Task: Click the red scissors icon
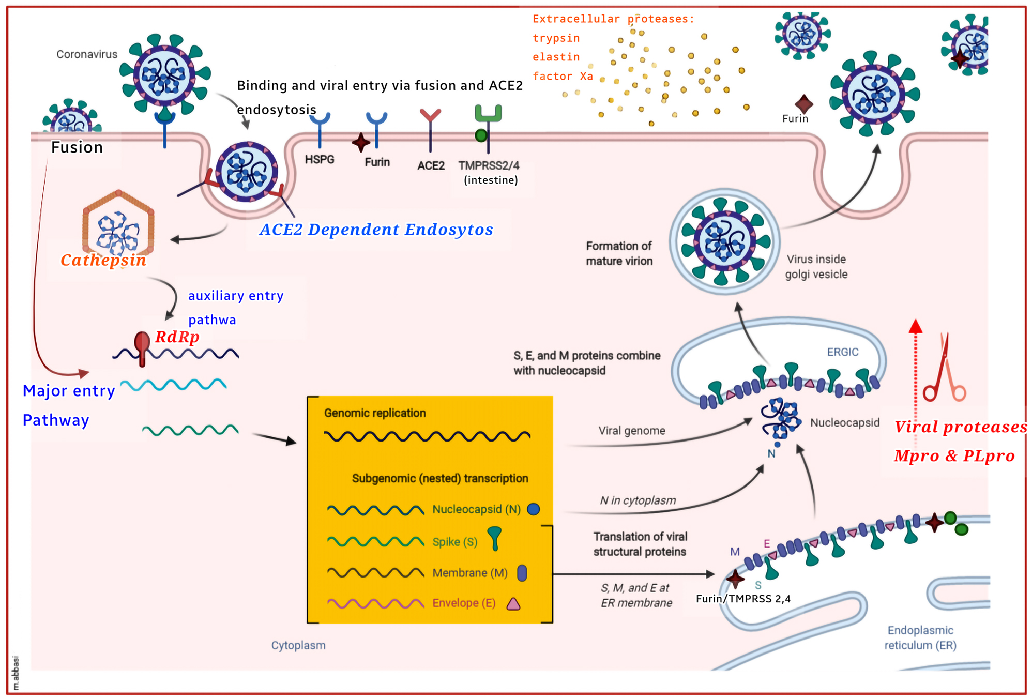point(944,369)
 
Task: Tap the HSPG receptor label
point(319,159)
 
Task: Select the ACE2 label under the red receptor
point(431,165)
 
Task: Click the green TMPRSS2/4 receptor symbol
point(488,114)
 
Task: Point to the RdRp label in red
point(177,337)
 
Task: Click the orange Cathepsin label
point(103,260)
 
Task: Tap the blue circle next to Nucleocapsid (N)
point(533,509)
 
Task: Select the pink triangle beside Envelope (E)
point(513,604)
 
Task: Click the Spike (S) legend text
point(454,542)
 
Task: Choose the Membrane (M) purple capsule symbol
point(522,573)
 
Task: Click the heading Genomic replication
point(375,413)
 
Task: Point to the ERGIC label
point(842,352)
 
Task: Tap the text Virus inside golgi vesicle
point(816,267)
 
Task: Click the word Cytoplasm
point(298,645)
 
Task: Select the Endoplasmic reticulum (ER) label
point(920,637)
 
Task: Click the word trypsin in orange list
point(556,38)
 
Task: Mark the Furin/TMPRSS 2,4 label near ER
point(742,599)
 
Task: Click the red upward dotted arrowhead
point(915,326)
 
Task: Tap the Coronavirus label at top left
point(87,54)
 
